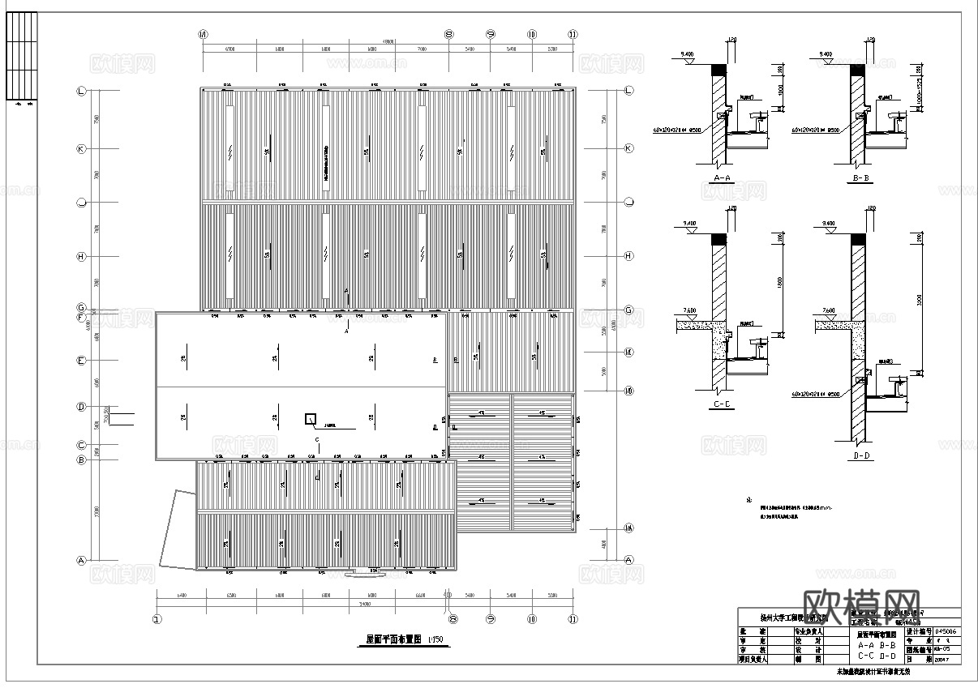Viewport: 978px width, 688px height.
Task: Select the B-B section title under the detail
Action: [x=860, y=177]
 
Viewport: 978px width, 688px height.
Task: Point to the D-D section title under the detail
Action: [x=861, y=456]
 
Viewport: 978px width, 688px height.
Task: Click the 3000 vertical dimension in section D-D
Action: [x=918, y=301]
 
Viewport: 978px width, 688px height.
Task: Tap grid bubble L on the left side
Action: [x=81, y=92]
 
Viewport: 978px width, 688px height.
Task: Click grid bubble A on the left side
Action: [x=81, y=560]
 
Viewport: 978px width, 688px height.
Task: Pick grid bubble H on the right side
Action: [x=628, y=257]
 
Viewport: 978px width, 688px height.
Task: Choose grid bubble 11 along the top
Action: [x=573, y=35]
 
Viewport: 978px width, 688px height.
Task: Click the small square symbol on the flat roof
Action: [x=310, y=419]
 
